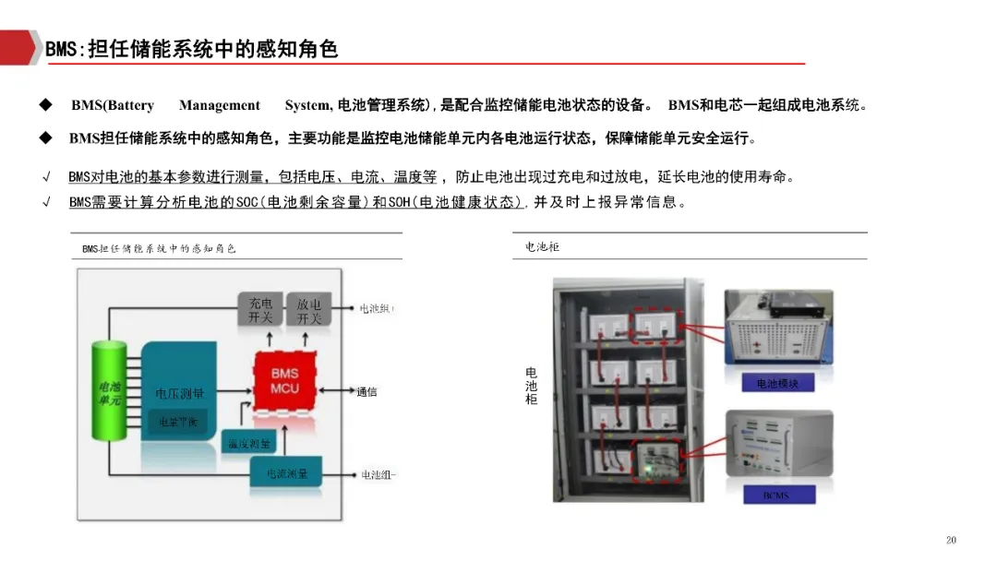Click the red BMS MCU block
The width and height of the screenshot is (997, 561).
(284, 381)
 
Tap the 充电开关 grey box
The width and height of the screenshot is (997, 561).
(260, 311)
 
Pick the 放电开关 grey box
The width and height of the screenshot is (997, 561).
(308, 311)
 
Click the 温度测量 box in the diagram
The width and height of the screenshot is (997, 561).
(249, 444)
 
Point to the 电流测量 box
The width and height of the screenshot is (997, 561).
(287, 473)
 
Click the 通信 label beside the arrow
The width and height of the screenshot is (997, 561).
(366, 392)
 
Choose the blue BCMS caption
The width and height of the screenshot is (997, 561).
(775, 495)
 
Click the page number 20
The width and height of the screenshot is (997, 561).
(952, 540)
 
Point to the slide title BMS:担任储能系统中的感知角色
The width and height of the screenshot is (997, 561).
(192, 50)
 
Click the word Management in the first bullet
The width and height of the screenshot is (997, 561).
(220, 105)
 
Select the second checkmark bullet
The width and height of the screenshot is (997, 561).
(46, 202)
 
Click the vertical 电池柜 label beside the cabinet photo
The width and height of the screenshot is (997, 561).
(531, 385)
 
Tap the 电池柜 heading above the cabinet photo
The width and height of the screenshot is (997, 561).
(542, 246)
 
